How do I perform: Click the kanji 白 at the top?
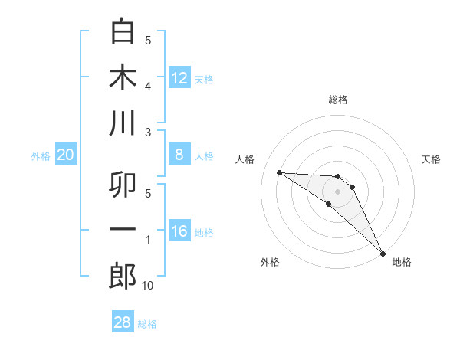[123, 31]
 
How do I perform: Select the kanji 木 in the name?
[123, 77]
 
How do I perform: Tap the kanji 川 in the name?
[123, 123]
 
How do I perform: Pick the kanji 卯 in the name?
[123, 184]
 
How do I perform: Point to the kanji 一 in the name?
[123, 230]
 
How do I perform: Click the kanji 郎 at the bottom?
[123, 276]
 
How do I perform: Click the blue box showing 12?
[179, 78]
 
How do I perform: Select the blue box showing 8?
[179, 155]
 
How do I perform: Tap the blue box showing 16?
[179, 232]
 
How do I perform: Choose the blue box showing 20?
[65, 155]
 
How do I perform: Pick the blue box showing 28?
[123, 322]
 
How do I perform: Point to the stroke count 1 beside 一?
[148, 240]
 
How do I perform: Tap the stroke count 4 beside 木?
[148, 87]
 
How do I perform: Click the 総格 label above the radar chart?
[338, 100]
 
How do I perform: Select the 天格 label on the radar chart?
[432, 159]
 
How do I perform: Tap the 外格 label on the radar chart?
[270, 262]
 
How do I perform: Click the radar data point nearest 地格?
[382, 252]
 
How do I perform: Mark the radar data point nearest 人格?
[280, 172]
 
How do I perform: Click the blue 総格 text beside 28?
[147, 324]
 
